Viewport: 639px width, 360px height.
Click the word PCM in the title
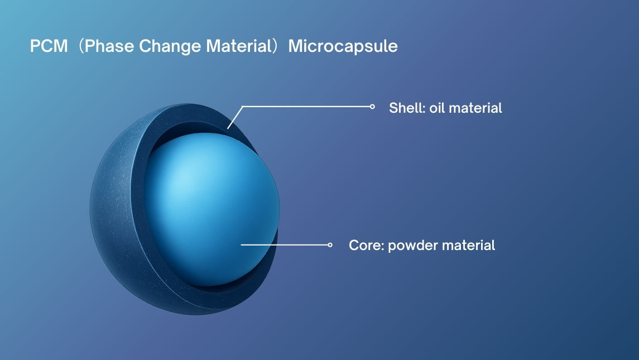point(49,46)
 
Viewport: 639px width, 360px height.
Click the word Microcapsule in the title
point(343,47)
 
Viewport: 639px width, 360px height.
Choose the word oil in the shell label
point(437,108)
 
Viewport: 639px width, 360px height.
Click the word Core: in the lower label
point(366,246)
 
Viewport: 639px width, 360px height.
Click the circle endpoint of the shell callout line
point(372,107)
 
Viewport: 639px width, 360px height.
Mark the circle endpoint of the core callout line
point(330,244)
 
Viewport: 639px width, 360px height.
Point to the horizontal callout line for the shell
point(306,107)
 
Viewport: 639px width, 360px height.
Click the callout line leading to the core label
point(285,244)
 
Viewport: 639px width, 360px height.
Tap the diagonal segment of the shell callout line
point(235,117)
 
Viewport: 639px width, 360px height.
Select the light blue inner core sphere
point(212,209)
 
